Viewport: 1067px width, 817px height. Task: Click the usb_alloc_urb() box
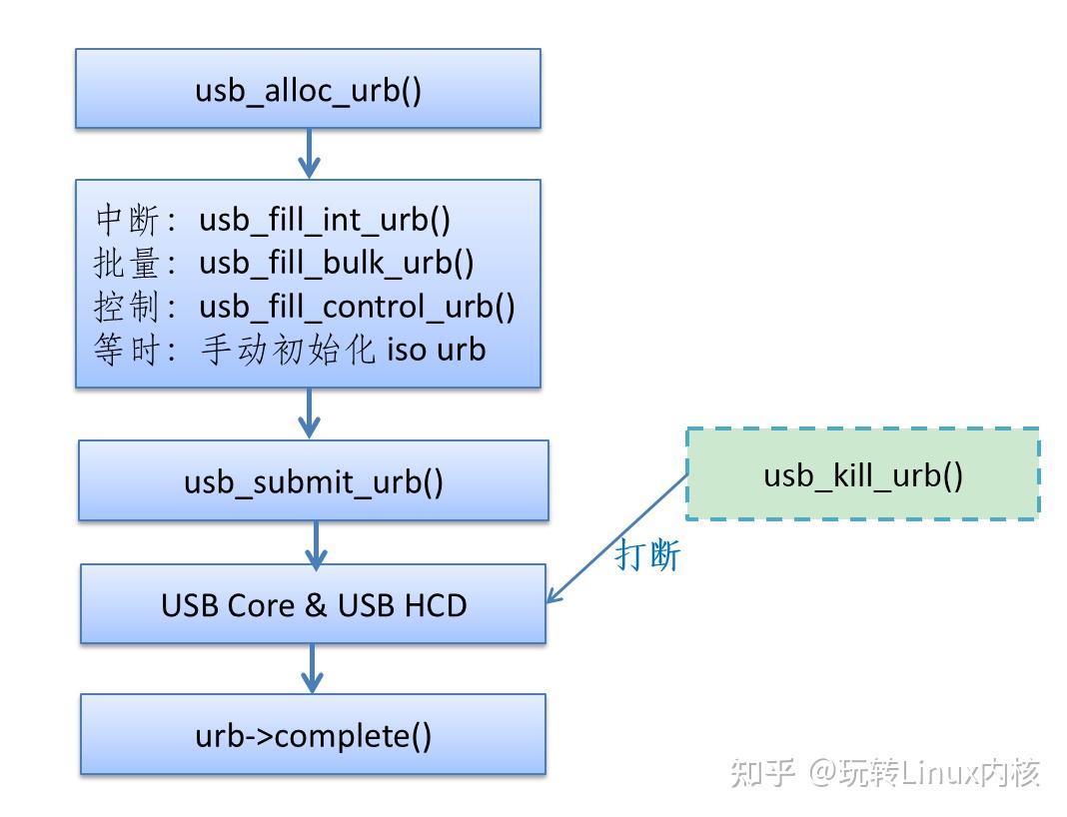pos(308,89)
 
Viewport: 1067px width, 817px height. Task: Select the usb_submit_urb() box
pos(314,480)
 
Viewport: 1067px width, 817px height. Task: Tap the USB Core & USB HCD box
pos(314,604)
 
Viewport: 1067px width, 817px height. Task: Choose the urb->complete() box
pos(314,735)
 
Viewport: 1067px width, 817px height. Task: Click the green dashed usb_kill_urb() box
pos(862,474)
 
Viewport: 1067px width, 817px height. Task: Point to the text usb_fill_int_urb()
pos(325,219)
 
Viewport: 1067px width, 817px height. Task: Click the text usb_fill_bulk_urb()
pos(337,262)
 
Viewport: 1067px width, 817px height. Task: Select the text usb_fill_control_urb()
pos(358,306)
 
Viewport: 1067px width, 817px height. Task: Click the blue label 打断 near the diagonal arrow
pos(647,555)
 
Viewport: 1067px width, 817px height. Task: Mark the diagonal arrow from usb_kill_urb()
pos(617,538)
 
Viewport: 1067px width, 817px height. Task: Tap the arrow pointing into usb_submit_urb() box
pos(309,412)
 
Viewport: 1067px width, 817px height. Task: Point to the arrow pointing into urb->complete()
pos(313,668)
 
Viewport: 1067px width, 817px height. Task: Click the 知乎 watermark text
pos(763,772)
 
